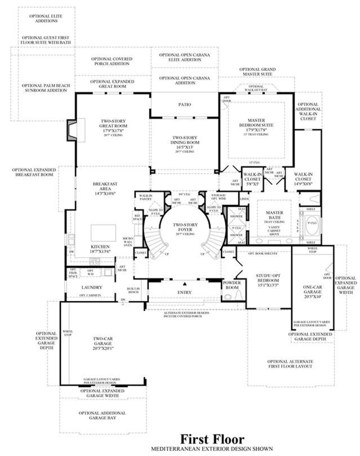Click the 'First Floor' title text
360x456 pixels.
[212, 439]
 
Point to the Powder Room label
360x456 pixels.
[232, 285]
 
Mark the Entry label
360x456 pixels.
[184, 292]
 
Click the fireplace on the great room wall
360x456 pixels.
[71, 130]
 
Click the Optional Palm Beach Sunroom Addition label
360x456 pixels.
[46, 88]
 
